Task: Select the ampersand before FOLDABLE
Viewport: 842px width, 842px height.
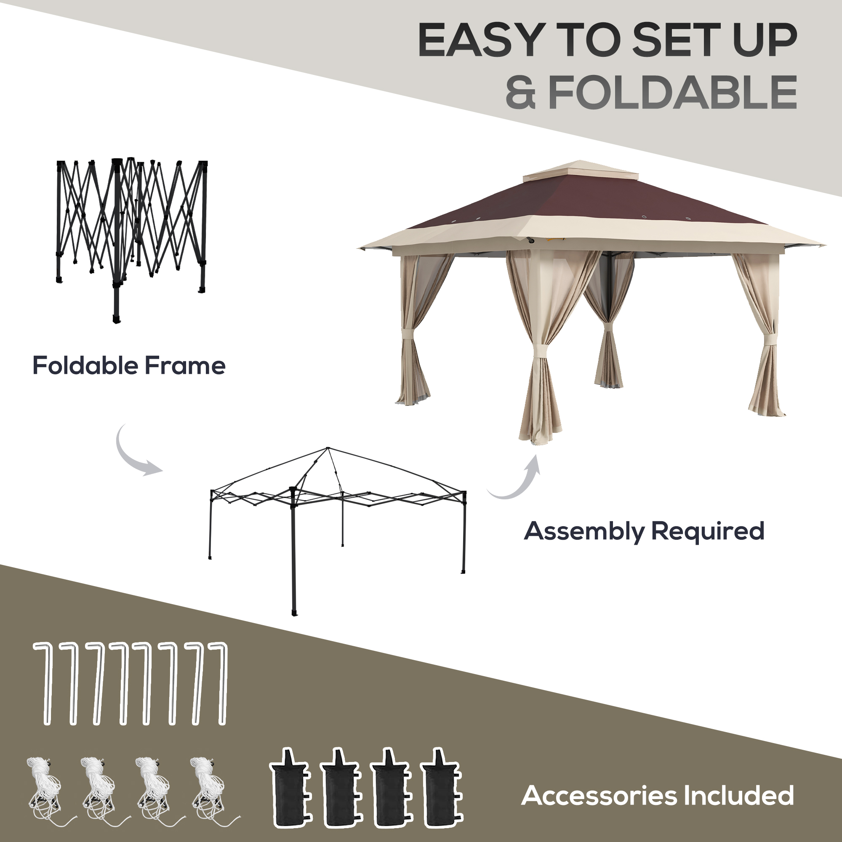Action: (520, 92)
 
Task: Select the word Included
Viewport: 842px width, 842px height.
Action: (738, 795)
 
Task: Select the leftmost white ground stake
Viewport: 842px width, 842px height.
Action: (45, 684)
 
